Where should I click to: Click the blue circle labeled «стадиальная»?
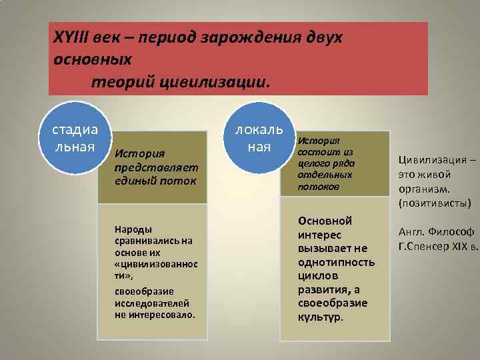(74, 137)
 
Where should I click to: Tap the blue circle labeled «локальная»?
(258, 137)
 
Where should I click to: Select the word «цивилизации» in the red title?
(212, 82)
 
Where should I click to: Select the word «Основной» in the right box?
(325, 221)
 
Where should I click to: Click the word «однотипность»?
(336, 261)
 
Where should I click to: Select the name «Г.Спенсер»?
(425, 246)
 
